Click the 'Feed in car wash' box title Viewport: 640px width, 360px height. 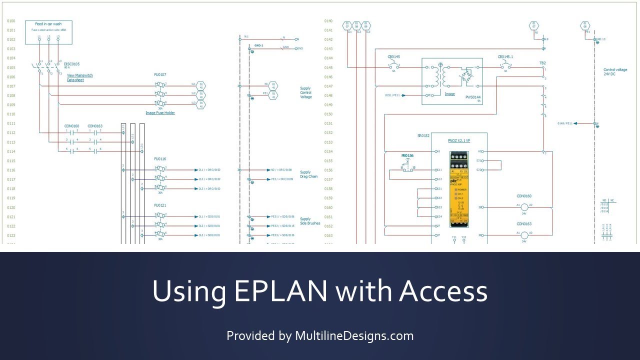[x=48, y=24]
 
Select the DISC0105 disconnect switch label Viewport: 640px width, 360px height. [x=71, y=64]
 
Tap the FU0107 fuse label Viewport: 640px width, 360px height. [x=160, y=74]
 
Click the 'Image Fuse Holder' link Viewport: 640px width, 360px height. [x=160, y=113]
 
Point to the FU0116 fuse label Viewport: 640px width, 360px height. [x=160, y=159]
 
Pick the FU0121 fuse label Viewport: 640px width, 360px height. [x=160, y=205]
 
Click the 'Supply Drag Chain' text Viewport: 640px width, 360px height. [x=308, y=174]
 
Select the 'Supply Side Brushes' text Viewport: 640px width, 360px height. [x=310, y=221]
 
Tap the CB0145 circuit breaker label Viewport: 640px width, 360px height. [x=394, y=56]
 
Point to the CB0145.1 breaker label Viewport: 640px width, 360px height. [x=505, y=56]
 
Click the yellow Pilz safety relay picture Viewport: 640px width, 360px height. [x=459, y=189]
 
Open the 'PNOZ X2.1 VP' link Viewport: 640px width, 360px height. [x=459, y=141]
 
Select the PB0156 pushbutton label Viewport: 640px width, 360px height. [x=407, y=156]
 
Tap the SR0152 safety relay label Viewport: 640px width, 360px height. [x=423, y=135]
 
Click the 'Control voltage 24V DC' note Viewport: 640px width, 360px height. [x=614, y=72]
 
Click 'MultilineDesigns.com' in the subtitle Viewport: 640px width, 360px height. [x=354, y=336]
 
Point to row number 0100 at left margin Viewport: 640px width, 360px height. [x=11, y=21]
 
